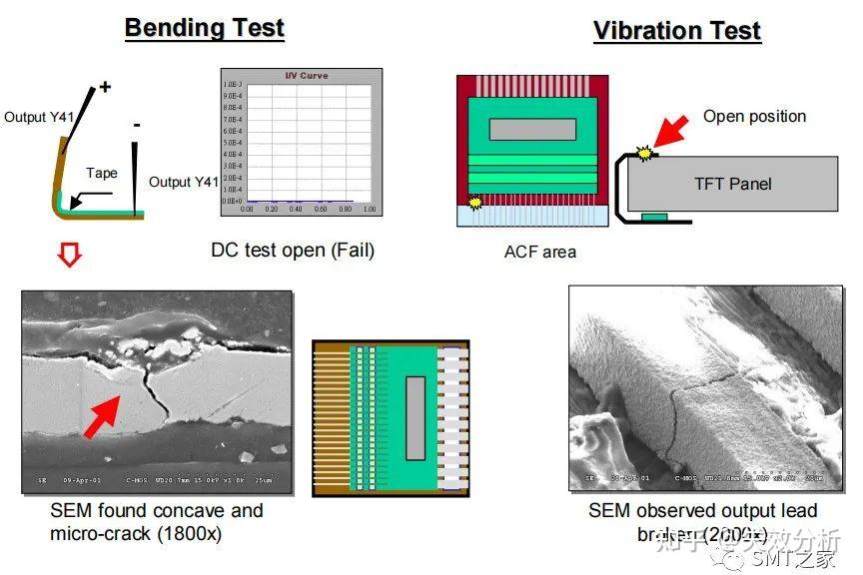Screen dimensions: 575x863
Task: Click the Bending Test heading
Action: point(204,27)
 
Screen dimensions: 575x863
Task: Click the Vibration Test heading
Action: point(677,30)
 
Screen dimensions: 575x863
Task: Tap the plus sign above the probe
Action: point(106,87)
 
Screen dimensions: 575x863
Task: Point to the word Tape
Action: point(101,173)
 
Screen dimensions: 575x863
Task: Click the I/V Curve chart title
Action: point(306,76)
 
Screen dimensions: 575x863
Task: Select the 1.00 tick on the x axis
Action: point(369,209)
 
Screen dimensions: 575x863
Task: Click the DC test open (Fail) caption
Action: point(293,250)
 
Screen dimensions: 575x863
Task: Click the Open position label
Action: point(754,116)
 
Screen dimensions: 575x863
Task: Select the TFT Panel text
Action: point(733,183)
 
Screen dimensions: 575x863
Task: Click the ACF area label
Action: point(539,252)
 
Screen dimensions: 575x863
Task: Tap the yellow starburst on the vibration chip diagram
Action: point(474,203)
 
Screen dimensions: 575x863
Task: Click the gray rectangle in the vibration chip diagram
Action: point(531,129)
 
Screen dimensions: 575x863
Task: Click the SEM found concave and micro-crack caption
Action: point(157,521)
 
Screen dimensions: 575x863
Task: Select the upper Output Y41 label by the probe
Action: point(39,117)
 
